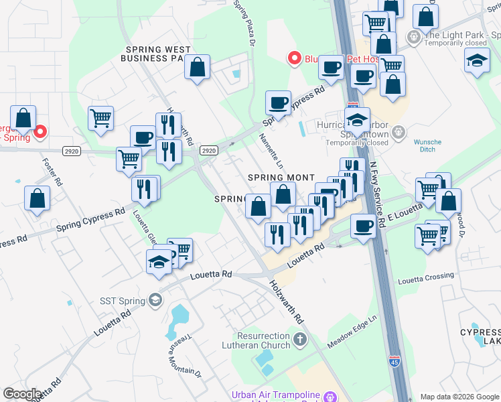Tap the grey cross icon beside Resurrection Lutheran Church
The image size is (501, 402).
point(299,340)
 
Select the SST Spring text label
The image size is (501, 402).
point(123,301)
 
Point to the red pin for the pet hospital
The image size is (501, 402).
point(293,58)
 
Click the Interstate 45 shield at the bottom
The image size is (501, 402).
point(395,362)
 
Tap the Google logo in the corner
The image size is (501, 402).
point(23,394)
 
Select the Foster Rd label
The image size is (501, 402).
point(52,172)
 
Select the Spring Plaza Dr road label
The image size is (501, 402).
point(244,23)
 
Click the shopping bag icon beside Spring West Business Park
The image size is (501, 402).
point(197,67)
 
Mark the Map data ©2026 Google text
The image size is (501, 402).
point(459,397)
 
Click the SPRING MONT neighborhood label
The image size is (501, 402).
point(281,177)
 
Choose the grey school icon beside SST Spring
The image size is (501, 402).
point(155,299)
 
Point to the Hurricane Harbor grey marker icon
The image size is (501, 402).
point(399,131)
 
